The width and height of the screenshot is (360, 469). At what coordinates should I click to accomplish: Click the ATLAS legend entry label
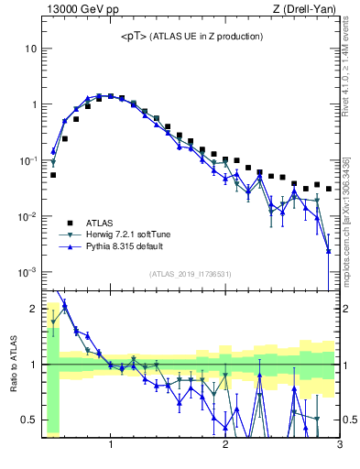click(101, 222)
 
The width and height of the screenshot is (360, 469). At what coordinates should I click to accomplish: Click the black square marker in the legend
click(68, 222)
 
